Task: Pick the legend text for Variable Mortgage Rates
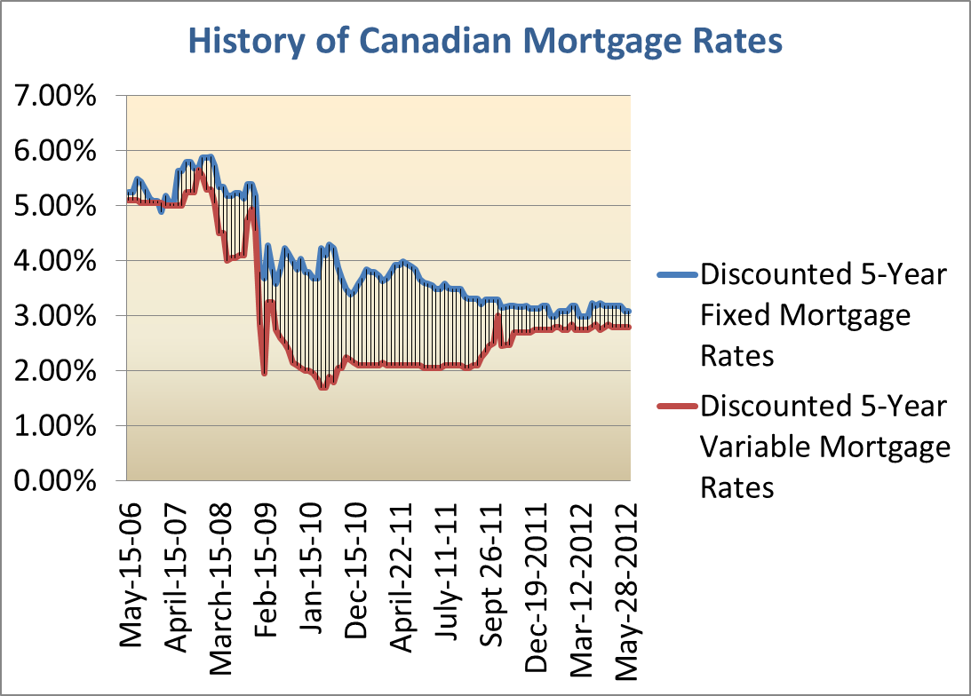pos(825,447)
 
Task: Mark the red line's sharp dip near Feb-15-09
pos(264,373)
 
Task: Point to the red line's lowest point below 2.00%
pos(323,387)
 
